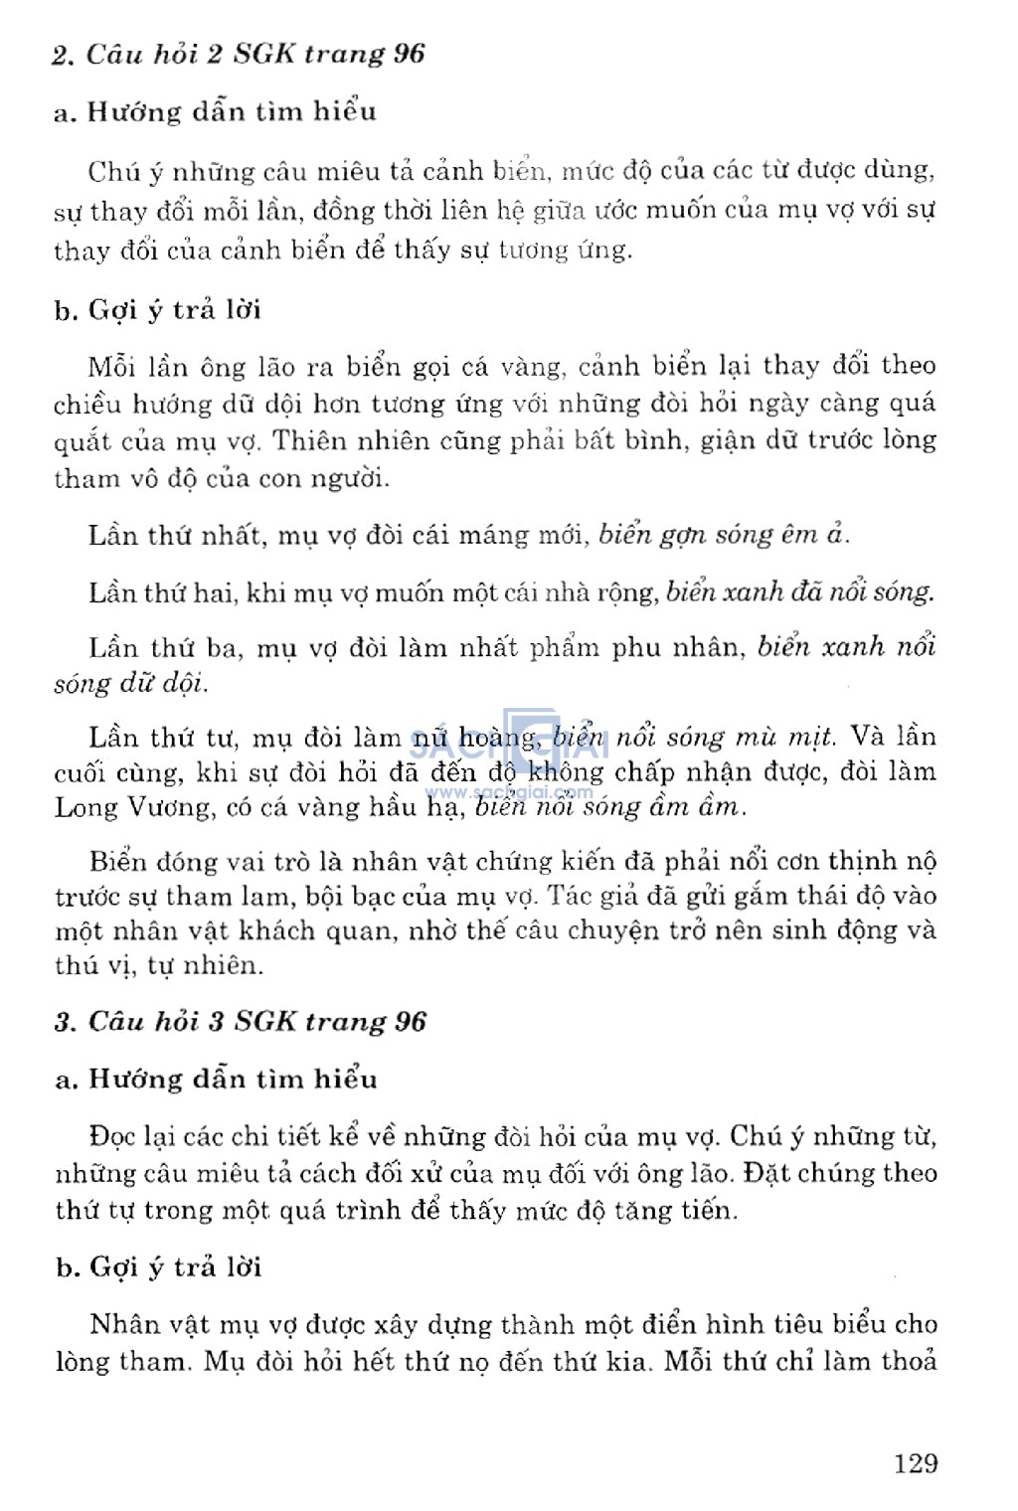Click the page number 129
[915, 1463]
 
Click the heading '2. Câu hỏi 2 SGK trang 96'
[239, 54]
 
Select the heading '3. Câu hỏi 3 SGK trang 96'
[240, 1022]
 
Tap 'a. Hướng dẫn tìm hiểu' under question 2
[216, 111]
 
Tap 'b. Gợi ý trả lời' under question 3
[158, 1267]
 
